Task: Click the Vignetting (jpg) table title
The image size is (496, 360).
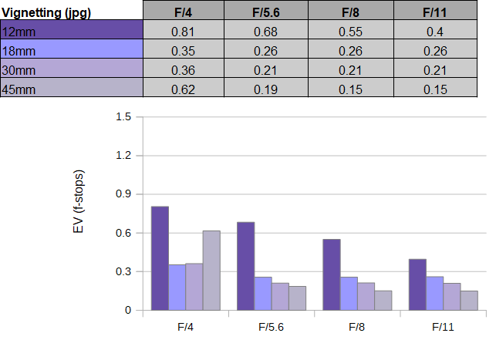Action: (46, 13)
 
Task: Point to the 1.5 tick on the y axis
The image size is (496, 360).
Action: (123, 116)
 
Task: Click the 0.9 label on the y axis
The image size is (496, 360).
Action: (123, 193)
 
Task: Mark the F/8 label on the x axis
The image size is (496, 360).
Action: (357, 327)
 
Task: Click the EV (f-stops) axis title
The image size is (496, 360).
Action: (78, 202)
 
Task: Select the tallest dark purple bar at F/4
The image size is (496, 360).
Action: (160, 258)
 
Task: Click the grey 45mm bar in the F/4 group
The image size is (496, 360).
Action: (211, 271)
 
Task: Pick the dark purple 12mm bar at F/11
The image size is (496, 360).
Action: (417, 284)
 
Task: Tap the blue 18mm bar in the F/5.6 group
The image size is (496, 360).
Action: (263, 294)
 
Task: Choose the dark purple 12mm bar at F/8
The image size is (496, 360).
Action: (332, 274)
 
